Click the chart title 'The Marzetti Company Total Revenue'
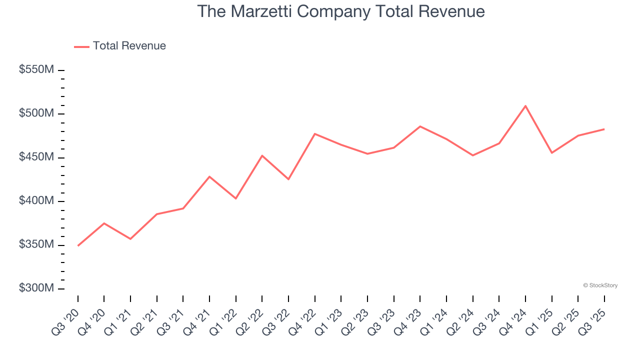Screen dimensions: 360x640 tap(340, 11)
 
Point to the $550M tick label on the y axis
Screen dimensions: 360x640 tap(36, 70)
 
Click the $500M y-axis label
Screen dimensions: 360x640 tap(36, 113)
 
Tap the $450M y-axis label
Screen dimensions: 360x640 tap(36, 157)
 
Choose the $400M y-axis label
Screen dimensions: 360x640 tap(36, 201)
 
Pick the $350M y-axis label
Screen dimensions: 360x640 tap(36, 245)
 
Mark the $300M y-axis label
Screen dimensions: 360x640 tap(36, 288)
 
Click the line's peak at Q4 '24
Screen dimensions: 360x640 tap(525, 106)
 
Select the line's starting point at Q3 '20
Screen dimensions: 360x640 tap(78, 245)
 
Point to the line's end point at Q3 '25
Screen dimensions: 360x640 tap(604, 129)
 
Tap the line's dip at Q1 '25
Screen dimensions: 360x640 tap(551, 152)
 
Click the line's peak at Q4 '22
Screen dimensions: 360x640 tap(315, 134)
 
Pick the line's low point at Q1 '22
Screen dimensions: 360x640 tap(236, 198)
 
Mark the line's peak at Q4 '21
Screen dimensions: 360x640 tap(209, 176)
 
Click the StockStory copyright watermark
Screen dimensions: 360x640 tap(600, 285)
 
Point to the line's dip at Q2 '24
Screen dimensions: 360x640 tap(472, 155)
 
